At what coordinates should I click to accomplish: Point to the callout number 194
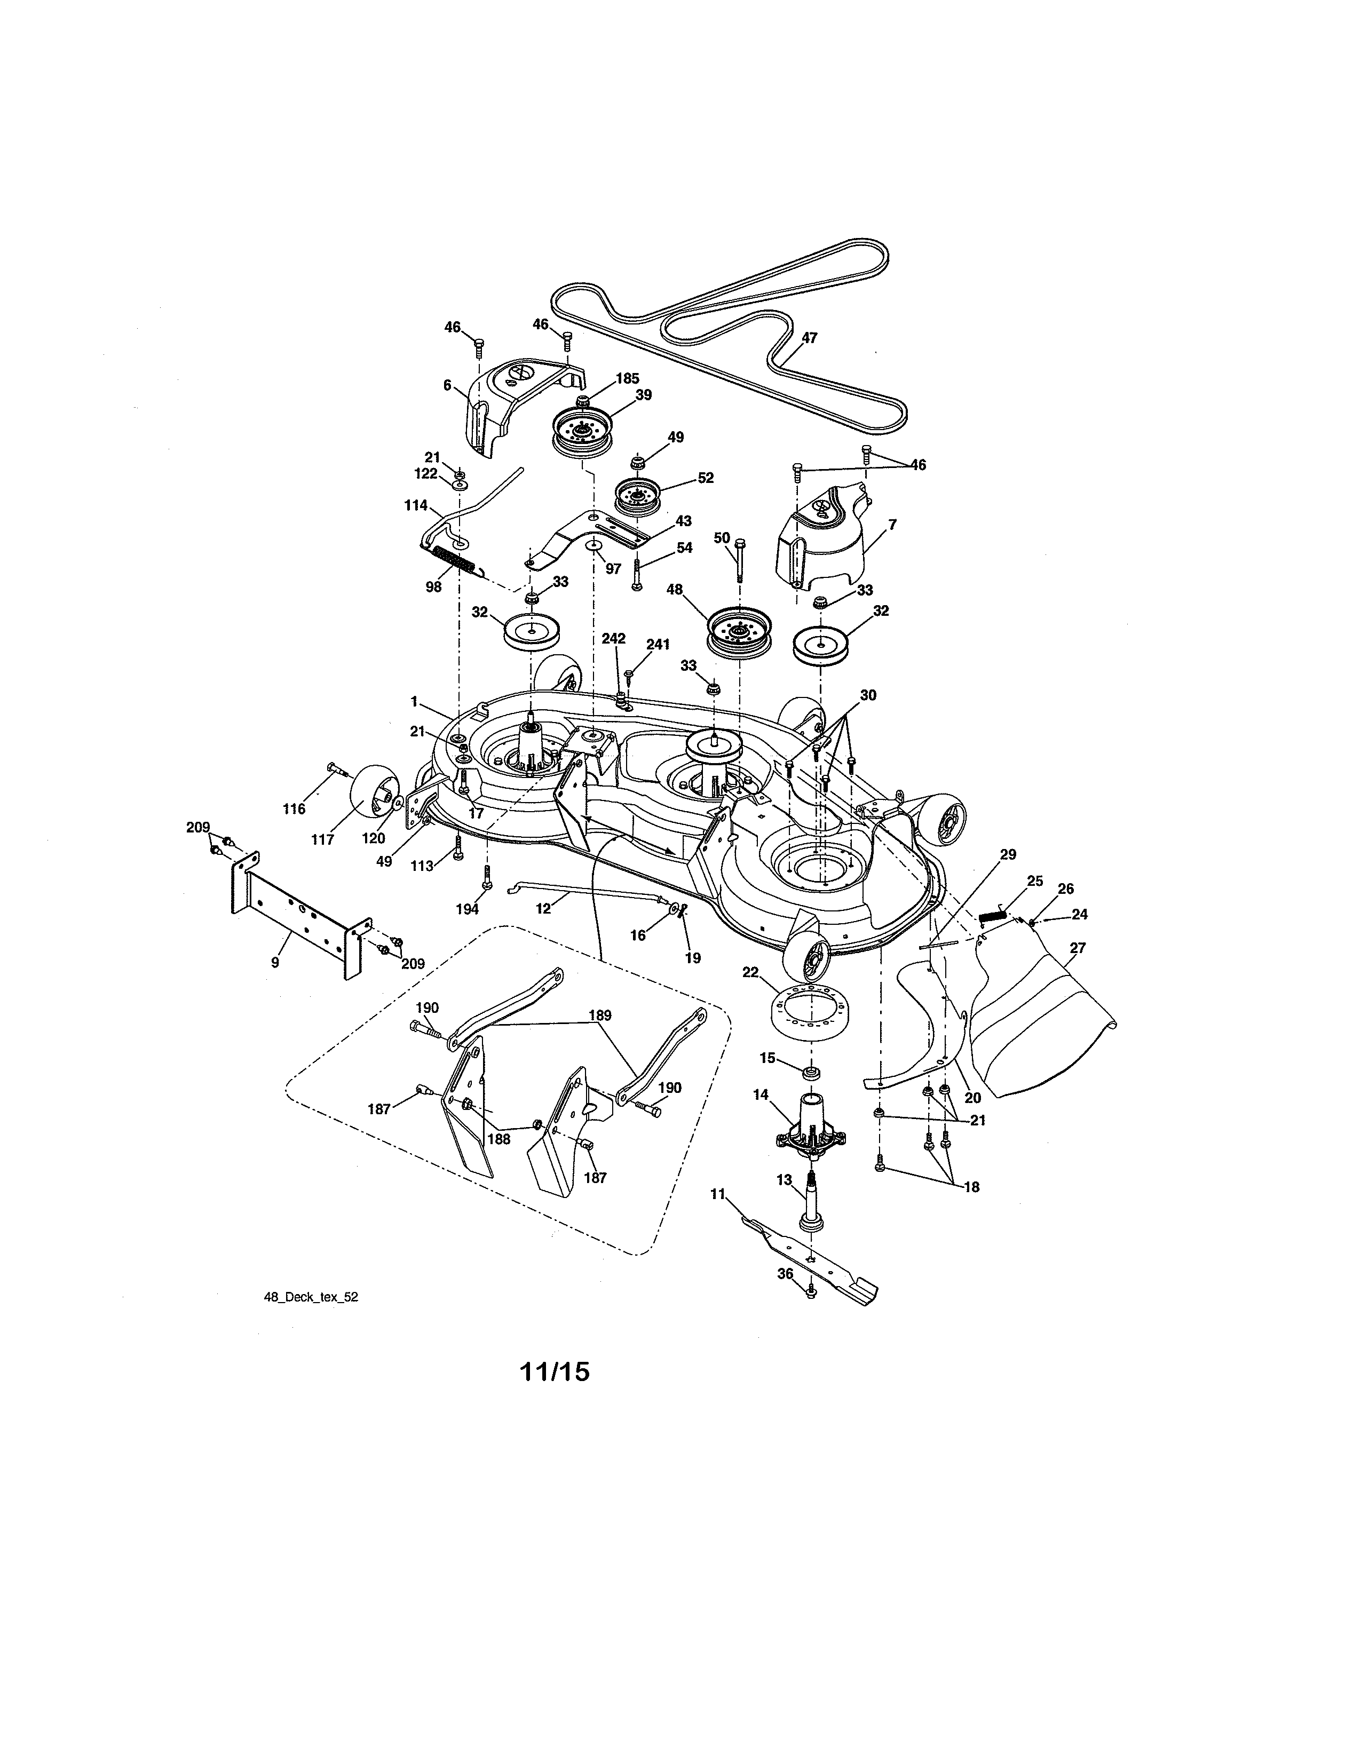467,909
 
